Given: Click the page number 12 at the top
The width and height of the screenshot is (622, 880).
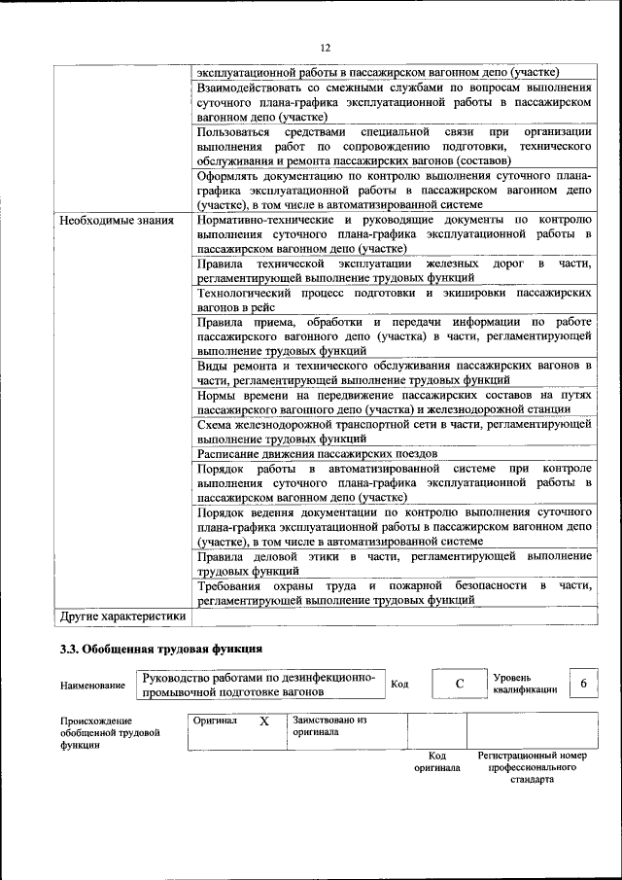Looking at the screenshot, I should (x=326, y=48).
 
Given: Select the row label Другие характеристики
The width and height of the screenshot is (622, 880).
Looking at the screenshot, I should (x=122, y=616).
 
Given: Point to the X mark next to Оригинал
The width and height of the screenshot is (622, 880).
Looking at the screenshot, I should (x=263, y=723).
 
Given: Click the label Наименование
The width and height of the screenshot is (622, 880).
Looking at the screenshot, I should (x=92, y=686).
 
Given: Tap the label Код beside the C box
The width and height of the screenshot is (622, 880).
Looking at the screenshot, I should (x=398, y=684).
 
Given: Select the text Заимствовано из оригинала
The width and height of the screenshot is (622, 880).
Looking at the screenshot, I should (x=328, y=726).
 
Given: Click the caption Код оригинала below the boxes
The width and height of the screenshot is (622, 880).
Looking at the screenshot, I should (x=436, y=761).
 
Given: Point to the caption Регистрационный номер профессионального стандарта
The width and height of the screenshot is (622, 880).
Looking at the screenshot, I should (x=532, y=767).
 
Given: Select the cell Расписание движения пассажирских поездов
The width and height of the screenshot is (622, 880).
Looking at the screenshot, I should (x=317, y=454).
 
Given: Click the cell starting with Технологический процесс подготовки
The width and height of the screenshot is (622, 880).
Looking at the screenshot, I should (x=394, y=299).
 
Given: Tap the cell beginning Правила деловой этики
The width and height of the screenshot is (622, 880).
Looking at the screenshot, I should (x=394, y=563).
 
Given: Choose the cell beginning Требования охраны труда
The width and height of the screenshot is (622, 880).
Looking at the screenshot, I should (x=394, y=593).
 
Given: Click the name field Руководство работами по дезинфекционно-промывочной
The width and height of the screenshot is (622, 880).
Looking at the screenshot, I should (x=260, y=685).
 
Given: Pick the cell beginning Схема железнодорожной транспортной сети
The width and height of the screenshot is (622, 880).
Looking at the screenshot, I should (x=394, y=432).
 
